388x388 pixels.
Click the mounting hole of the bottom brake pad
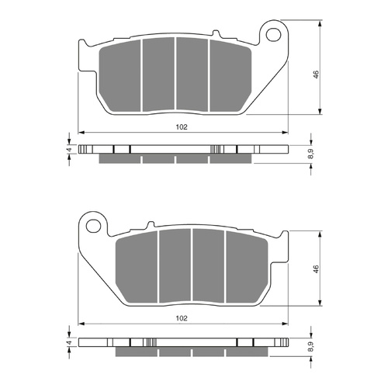(x=95, y=227)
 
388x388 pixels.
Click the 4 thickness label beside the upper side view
(x=68, y=149)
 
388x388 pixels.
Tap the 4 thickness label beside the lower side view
(x=68, y=342)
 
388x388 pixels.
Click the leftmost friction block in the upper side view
(x=120, y=159)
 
